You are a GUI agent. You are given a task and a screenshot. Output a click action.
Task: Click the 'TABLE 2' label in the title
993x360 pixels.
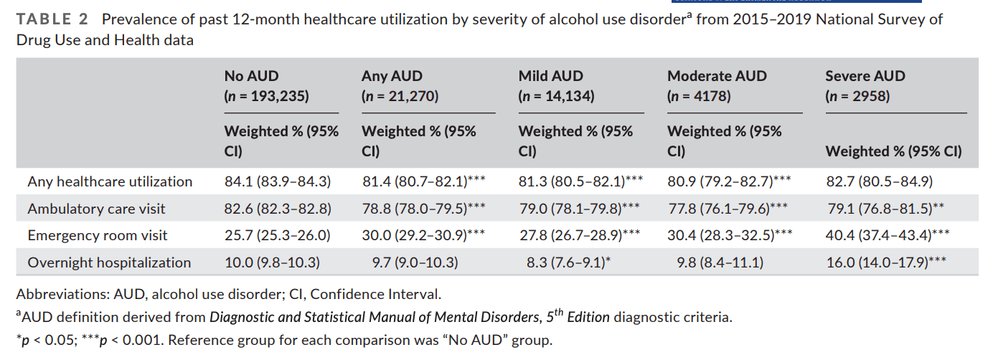click(x=47, y=20)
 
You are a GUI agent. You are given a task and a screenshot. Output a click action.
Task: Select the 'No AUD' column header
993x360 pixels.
click(x=251, y=76)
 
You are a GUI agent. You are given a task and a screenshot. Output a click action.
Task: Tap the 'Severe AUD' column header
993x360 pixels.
click(x=865, y=76)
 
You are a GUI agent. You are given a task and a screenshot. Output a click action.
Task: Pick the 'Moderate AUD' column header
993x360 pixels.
click(x=717, y=76)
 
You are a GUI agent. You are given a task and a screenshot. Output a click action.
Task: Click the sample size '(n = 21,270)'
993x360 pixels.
click(x=400, y=96)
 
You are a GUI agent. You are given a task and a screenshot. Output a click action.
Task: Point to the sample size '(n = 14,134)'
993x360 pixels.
click(x=556, y=96)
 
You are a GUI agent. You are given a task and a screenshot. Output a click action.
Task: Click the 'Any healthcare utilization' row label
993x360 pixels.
click(x=110, y=182)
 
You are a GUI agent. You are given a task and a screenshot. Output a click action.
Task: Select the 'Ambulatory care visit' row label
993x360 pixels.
click(x=96, y=209)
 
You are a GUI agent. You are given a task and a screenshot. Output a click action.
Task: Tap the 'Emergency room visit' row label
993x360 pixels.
click(x=98, y=236)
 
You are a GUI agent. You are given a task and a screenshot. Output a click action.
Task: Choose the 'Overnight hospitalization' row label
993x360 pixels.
click(x=109, y=263)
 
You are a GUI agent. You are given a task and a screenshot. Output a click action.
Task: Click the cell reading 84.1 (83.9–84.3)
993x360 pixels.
click(x=278, y=182)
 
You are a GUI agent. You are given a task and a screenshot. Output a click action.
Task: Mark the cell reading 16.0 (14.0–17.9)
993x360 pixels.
click(x=886, y=263)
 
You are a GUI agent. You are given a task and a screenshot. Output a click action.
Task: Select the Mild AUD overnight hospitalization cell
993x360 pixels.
click(x=568, y=263)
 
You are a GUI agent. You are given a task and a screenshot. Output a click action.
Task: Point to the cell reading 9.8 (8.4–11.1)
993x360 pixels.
click(x=720, y=263)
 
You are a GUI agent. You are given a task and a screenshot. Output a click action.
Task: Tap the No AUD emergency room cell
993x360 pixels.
click(x=277, y=236)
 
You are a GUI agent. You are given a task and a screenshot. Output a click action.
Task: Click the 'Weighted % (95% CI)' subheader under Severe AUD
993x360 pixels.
click(x=893, y=151)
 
